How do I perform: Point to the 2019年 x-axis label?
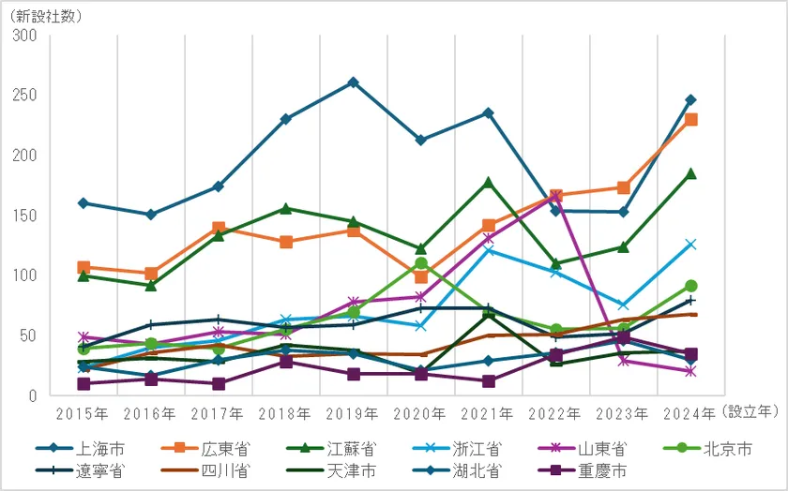click(x=353, y=413)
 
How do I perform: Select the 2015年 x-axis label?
click(x=83, y=413)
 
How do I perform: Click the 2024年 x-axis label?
click(x=689, y=413)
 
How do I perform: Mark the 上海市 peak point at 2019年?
click(x=353, y=82)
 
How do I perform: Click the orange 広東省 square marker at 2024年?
click(x=690, y=119)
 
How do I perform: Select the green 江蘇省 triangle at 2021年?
click(x=488, y=182)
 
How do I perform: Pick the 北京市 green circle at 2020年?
click(x=421, y=264)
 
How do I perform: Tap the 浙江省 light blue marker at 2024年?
click(x=690, y=245)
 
